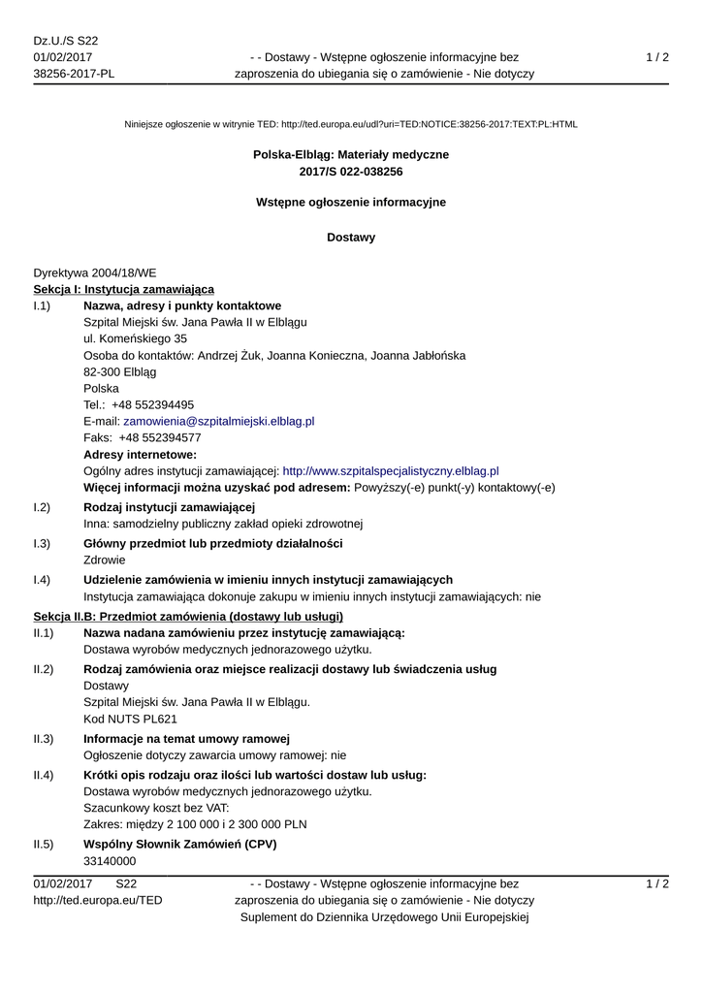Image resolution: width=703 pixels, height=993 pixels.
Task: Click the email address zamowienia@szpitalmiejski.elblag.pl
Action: [x=219, y=422]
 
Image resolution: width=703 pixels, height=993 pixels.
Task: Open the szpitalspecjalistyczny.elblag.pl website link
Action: [x=390, y=470]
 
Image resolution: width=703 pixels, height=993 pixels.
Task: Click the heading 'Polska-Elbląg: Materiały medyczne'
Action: [x=351, y=154]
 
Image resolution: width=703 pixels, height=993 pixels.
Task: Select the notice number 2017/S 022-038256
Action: [x=351, y=172]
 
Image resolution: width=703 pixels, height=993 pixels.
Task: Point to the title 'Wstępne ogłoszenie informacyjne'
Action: [x=351, y=202]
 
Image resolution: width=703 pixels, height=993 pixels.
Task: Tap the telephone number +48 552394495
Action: [x=153, y=405]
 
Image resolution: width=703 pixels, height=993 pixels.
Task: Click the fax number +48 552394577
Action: [x=156, y=437]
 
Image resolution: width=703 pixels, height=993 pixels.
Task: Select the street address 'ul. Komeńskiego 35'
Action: [x=136, y=338]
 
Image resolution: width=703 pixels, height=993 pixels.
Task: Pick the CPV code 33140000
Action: [x=110, y=861]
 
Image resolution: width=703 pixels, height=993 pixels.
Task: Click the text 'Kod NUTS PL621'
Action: [x=131, y=719]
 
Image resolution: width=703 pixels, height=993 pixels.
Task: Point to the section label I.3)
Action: [x=42, y=543]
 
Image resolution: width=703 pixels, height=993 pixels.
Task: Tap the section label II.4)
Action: [x=43, y=775]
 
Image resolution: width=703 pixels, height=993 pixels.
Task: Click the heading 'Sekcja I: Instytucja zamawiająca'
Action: [x=124, y=289]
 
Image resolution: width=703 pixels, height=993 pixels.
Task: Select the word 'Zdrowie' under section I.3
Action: [x=105, y=560]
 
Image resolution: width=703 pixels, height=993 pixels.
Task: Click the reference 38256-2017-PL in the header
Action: [x=74, y=73]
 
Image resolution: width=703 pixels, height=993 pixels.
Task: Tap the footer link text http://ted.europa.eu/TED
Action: [x=98, y=900]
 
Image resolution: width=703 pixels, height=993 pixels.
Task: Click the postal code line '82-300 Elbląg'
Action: [x=119, y=371]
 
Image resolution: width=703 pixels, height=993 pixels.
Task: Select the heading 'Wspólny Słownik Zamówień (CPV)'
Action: [x=180, y=845]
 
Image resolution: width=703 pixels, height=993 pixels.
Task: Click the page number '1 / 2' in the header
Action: [x=657, y=57]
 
